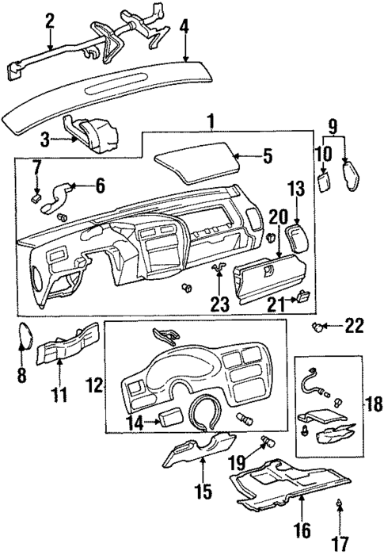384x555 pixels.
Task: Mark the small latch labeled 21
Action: (x=302, y=298)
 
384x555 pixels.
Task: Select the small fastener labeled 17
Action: (x=339, y=522)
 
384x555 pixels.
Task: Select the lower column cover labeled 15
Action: (x=198, y=452)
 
